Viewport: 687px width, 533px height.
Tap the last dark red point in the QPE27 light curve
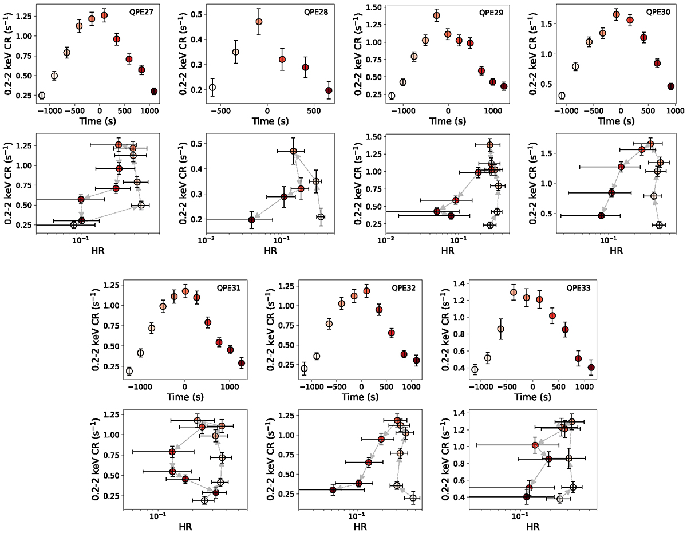154,91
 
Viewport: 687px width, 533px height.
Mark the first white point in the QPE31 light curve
129,371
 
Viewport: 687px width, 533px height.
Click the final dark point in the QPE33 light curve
591,368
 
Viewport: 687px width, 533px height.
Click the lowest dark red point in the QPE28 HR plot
252,219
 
